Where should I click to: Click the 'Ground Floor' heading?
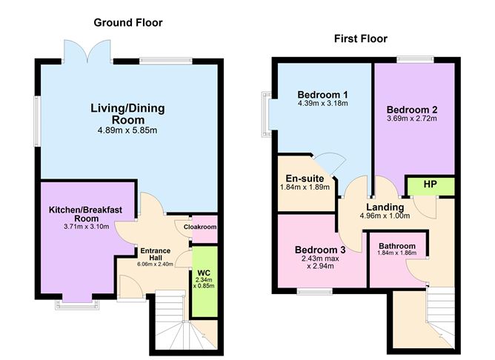[127, 23]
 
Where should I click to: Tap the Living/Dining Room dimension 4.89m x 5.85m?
[127, 130]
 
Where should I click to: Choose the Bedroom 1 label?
[322, 95]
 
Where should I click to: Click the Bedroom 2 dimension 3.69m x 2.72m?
[412, 118]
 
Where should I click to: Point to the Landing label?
[385, 207]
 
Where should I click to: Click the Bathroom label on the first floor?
[396, 246]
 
